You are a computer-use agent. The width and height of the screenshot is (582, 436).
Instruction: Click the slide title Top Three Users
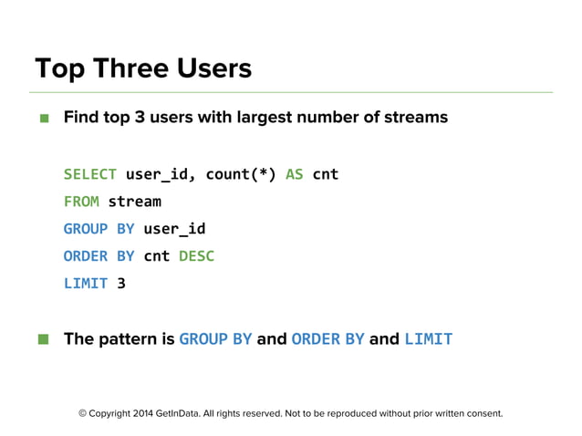[x=142, y=68]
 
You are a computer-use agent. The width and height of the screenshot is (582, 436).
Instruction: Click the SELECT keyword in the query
[x=89, y=173]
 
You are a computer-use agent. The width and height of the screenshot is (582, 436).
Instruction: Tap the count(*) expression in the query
[x=241, y=173]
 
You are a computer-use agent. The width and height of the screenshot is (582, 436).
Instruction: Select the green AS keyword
[x=295, y=173]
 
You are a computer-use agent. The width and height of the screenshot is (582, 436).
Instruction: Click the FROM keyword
[x=81, y=201]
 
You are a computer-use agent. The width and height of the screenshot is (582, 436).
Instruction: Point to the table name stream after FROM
[x=134, y=201]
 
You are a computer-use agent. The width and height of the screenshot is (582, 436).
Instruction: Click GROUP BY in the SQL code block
[x=99, y=228]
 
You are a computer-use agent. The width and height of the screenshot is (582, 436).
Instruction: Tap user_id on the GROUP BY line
[x=174, y=228]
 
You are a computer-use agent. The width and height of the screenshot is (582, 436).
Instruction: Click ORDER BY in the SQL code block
[x=99, y=255]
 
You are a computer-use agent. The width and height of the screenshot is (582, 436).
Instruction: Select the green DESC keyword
[x=196, y=255]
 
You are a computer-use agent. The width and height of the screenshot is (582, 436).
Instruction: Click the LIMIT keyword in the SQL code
[x=86, y=283]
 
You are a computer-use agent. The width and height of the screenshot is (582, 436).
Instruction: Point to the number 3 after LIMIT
[x=121, y=283]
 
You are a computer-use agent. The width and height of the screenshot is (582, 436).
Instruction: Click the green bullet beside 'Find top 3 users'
[x=43, y=118]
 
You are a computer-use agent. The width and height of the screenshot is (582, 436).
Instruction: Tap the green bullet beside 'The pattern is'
[x=43, y=339]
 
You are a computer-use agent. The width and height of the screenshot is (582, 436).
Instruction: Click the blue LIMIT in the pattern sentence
[x=428, y=339]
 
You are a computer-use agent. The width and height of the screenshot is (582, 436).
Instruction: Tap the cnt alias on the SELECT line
[x=326, y=173]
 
